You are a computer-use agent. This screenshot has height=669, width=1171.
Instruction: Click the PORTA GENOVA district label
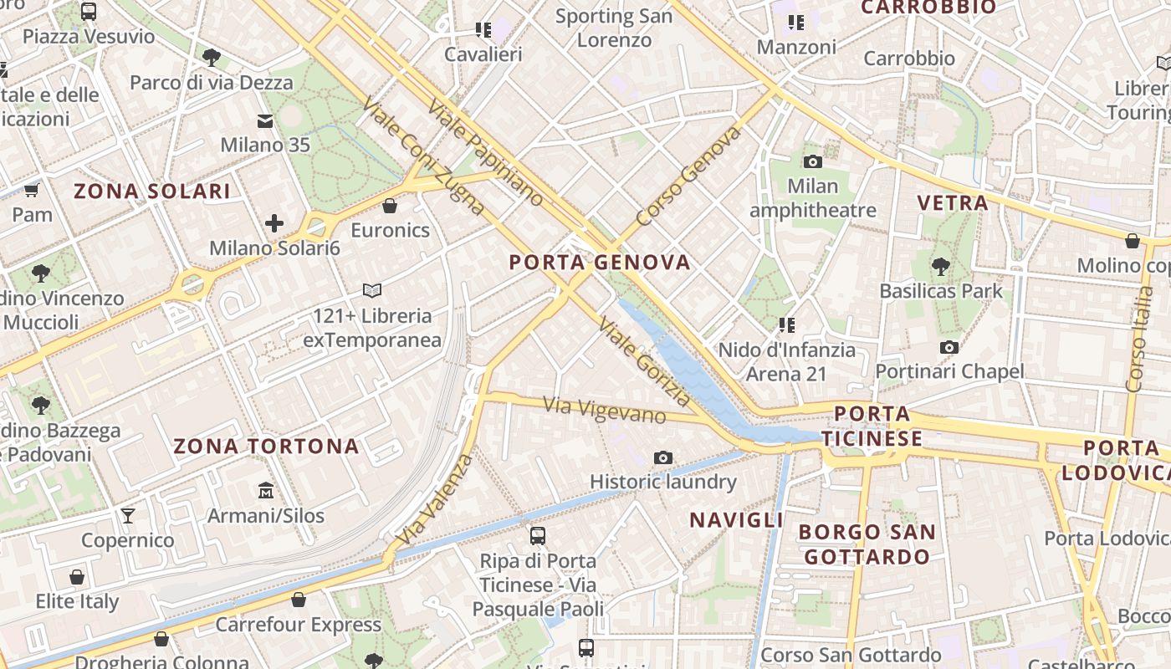tap(600, 263)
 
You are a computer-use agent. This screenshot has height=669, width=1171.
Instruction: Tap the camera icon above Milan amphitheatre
tap(812, 161)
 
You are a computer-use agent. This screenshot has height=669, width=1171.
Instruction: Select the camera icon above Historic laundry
tap(663, 457)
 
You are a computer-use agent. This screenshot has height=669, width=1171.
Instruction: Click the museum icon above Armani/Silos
tap(266, 490)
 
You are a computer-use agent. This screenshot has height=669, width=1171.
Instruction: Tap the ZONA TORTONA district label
tap(266, 446)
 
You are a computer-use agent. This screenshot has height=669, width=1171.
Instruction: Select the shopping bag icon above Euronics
tap(390, 206)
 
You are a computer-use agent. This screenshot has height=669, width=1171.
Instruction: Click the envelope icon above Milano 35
tap(265, 121)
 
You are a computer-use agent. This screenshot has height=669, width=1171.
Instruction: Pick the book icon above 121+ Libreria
tap(372, 291)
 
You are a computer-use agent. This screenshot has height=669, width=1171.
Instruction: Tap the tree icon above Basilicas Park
tap(941, 267)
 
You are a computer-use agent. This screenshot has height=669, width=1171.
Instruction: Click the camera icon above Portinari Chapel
tap(949, 347)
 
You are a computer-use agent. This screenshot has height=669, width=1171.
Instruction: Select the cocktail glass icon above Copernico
tap(128, 515)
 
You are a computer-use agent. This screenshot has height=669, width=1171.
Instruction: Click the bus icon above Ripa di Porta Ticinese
tap(538, 535)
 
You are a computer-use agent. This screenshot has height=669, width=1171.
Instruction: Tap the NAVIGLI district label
tap(737, 520)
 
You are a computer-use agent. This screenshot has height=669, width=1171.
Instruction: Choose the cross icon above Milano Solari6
tap(274, 223)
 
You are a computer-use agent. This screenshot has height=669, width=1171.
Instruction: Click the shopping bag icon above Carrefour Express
tap(299, 600)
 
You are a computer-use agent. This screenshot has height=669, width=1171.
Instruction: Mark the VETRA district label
tap(953, 202)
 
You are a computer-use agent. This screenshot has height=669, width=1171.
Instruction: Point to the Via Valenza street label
tap(435, 499)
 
